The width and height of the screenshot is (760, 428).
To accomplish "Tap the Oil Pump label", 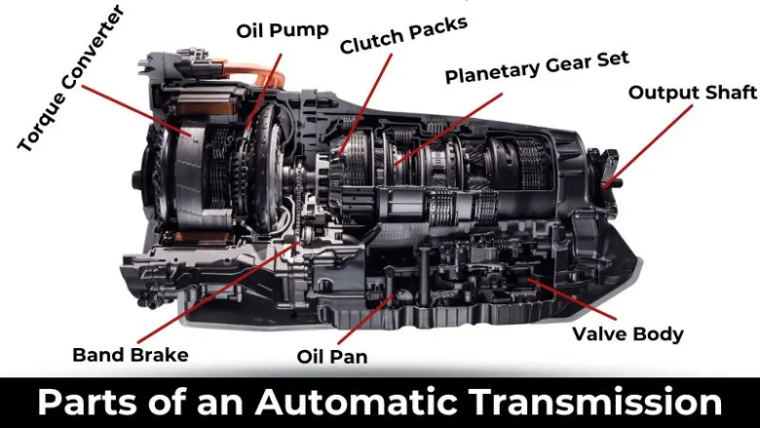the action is (x=283, y=30).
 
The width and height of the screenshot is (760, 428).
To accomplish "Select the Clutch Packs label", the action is (x=403, y=35).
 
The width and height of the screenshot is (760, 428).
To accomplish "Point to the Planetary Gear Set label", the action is (x=537, y=67).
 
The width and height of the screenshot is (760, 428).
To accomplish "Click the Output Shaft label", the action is (x=693, y=92).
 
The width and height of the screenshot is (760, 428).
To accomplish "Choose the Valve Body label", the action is (x=627, y=334).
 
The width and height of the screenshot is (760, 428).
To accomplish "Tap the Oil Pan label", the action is (x=332, y=356).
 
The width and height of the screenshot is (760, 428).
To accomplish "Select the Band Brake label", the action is (x=131, y=355).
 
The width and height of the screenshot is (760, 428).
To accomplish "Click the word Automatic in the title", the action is (x=357, y=402).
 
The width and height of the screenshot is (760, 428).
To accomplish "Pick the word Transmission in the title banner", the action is (x=595, y=402).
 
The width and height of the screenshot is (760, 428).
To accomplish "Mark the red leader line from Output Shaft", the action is (x=648, y=146).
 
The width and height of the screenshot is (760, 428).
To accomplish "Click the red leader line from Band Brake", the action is (x=217, y=292).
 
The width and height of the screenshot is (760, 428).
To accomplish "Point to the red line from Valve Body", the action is (x=572, y=299).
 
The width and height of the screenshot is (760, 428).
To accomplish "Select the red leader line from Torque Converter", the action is (x=136, y=110).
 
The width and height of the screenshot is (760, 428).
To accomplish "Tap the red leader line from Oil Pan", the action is (x=365, y=320).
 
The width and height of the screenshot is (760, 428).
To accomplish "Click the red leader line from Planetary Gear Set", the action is (x=448, y=129).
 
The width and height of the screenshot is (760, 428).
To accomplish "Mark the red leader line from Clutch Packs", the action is (x=366, y=104).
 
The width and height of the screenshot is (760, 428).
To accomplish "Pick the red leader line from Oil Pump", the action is (x=263, y=92).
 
